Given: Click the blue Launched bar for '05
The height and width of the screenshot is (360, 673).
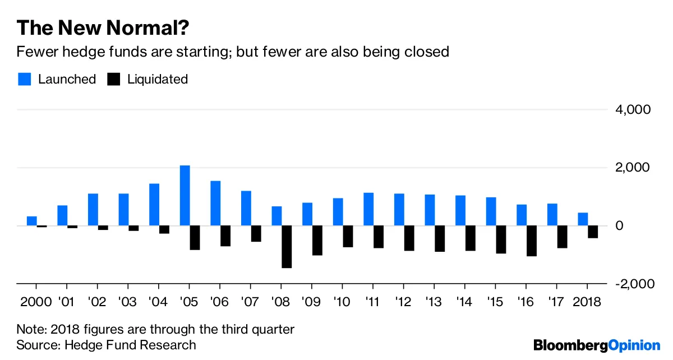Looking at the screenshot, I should click(x=185, y=196).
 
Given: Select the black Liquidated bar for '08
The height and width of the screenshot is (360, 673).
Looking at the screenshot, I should click(x=287, y=247).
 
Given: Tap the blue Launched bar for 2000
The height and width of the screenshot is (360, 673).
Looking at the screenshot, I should click(x=32, y=221).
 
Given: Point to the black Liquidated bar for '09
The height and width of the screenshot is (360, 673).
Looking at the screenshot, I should click(x=317, y=241).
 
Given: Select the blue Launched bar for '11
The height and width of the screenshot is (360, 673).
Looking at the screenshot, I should click(x=368, y=209).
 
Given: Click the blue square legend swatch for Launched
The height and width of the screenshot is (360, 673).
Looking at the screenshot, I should click(x=24, y=79).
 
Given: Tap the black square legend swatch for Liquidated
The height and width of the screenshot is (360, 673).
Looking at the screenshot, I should click(x=114, y=79).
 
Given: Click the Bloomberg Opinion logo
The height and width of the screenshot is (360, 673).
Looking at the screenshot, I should click(x=597, y=344).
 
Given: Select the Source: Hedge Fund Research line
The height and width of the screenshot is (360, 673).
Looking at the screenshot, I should click(x=107, y=344).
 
